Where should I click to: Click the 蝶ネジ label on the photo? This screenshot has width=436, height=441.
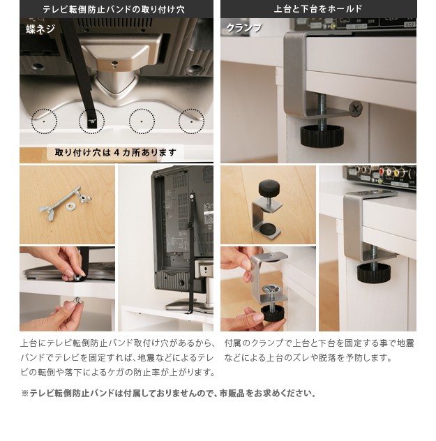pos(40,29)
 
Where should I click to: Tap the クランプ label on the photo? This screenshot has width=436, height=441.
pos(243,28)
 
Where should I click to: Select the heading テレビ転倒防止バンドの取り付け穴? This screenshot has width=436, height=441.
pos(114,9)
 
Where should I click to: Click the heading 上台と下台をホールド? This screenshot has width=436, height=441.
pos(318,9)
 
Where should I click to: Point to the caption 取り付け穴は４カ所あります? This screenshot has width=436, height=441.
pos(116,152)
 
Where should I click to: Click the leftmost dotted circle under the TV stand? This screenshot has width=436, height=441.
pos(44,121)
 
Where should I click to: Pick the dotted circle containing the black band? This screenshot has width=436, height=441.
pos(91,121)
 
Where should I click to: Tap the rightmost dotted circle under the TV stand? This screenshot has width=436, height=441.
pos(191,121)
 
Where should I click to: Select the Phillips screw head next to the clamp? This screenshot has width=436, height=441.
pos(355,107)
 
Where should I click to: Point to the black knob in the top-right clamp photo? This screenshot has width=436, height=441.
pos(322,135)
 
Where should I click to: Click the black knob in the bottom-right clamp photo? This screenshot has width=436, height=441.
pos(374,273)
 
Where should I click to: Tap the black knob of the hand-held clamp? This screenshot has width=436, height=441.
pos(273,313)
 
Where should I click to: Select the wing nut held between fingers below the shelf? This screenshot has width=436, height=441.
pos(77,301)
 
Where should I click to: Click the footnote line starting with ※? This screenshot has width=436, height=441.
pos(169,393)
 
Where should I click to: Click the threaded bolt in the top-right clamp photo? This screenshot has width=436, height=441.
pos(321,110)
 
